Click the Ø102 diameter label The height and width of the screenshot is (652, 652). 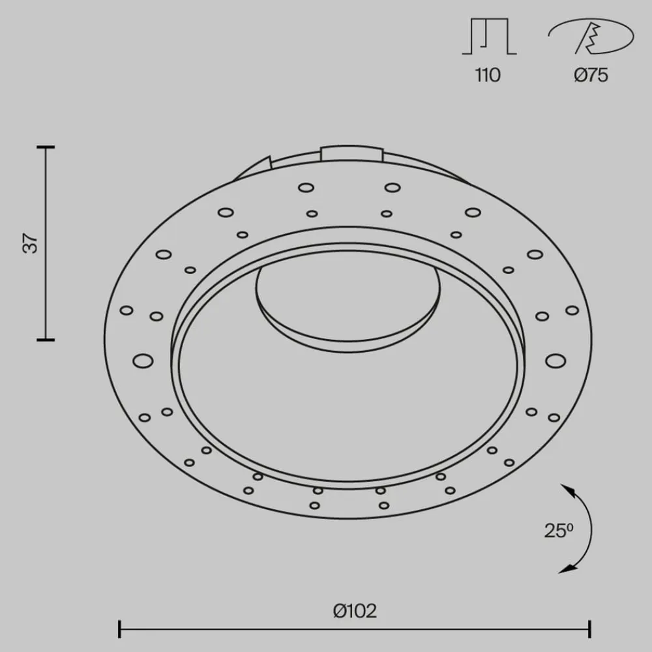(355, 611)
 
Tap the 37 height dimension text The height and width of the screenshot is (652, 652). (31, 243)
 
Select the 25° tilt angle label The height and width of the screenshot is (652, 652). (559, 531)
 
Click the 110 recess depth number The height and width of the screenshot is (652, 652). (488, 75)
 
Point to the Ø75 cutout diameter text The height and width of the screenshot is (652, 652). (591, 75)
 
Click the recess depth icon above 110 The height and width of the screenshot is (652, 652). (489, 36)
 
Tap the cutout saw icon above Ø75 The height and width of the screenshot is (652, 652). (591, 36)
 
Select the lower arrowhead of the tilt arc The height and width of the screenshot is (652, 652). (568, 569)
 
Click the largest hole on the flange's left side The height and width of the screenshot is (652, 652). (143, 361)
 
